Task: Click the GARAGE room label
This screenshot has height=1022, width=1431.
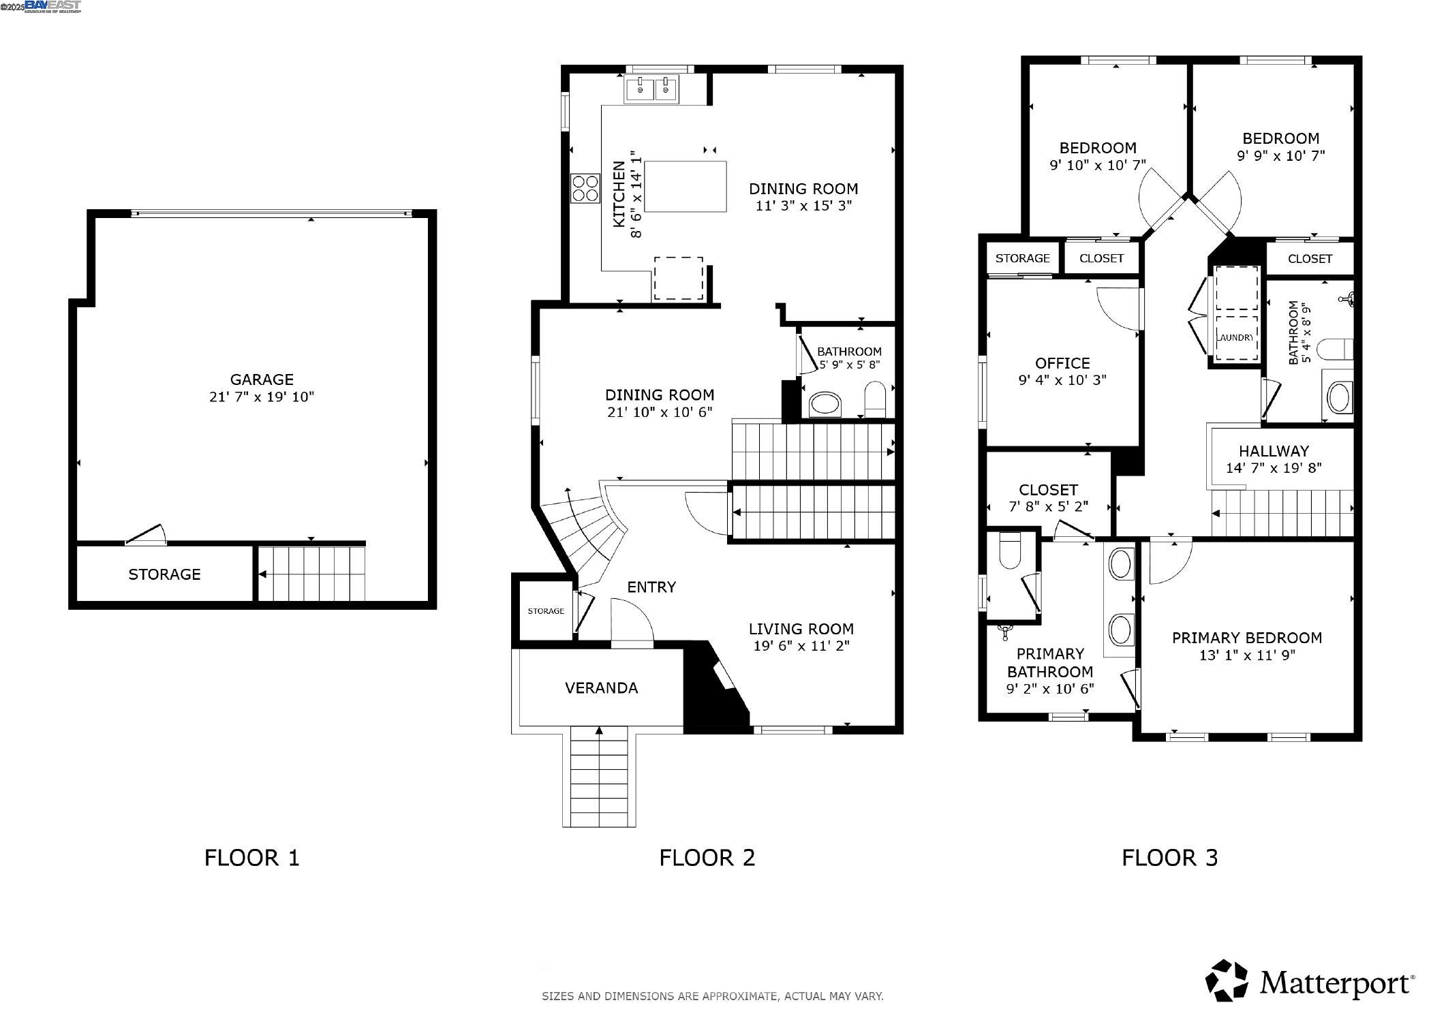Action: (x=262, y=380)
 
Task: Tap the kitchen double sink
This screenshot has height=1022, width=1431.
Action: (x=651, y=89)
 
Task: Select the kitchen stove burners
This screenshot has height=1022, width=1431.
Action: (x=585, y=188)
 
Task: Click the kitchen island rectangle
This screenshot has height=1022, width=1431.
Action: (x=685, y=187)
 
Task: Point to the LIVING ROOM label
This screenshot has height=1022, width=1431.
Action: (x=801, y=629)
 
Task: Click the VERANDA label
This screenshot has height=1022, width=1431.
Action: (x=602, y=688)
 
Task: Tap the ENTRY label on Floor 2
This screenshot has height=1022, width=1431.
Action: (x=651, y=587)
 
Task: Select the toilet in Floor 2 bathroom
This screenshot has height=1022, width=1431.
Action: (x=874, y=399)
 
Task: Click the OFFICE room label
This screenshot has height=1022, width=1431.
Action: (x=1062, y=363)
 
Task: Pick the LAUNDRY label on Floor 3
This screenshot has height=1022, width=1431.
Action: (x=1235, y=337)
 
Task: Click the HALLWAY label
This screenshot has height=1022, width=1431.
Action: (x=1274, y=451)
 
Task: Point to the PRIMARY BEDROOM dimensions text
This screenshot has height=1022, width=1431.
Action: (x=1247, y=655)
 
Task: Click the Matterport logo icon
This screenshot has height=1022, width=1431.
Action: (x=1227, y=981)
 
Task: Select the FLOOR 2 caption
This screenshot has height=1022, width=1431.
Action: (x=707, y=857)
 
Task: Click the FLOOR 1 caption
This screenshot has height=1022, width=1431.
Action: (x=252, y=857)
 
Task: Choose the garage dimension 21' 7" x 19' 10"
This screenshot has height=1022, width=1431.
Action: (x=262, y=397)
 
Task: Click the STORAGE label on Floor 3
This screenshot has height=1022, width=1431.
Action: (x=1022, y=258)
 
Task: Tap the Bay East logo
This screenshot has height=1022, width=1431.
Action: (x=53, y=6)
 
